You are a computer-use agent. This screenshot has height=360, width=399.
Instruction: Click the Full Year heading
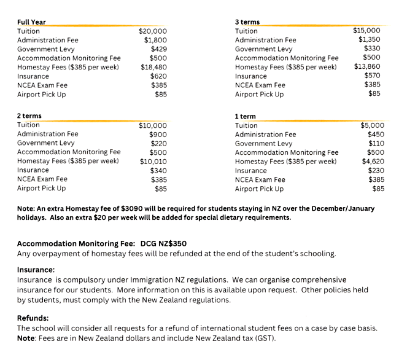coord(31,22)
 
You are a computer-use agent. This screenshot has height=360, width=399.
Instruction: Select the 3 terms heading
coord(247,22)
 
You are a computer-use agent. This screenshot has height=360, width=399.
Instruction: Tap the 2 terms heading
coord(29,115)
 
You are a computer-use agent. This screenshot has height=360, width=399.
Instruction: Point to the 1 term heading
coord(246,116)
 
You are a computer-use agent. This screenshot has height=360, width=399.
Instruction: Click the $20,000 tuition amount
coord(153,31)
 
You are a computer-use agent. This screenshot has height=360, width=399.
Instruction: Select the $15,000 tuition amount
coord(366,30)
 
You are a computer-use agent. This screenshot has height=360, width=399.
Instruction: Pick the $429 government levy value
coord(159,49)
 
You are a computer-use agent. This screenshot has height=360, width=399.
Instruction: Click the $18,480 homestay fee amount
coord(153,67)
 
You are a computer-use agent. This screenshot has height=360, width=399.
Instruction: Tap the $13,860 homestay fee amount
coord(367,66)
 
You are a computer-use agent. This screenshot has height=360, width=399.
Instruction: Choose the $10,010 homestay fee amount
coord(153,161)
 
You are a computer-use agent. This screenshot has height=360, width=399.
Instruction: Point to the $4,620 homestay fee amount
coord(370,161)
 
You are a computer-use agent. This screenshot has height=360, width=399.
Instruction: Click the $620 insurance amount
coord(159,76)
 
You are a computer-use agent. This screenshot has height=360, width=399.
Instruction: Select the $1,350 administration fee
coord(370,39)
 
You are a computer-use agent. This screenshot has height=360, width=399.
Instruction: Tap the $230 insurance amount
coord(376,170)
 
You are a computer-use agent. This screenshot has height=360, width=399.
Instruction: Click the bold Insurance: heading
coord(36,270)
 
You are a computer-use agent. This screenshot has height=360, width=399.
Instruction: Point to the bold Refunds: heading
coord(33,318)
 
